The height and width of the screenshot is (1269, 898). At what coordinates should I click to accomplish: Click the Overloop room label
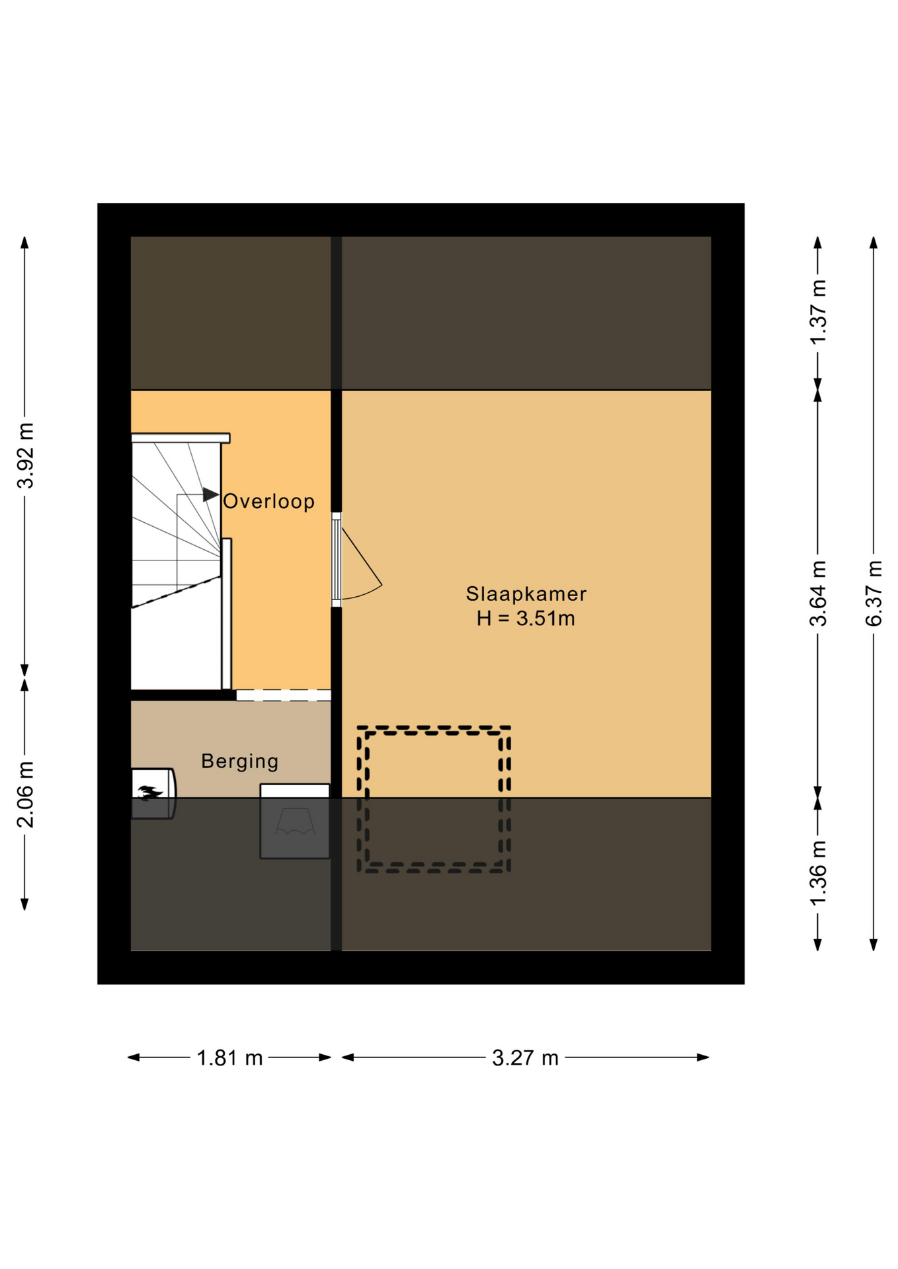[x=268, y=502]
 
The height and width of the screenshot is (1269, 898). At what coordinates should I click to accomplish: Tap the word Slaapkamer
[x=526, y=594]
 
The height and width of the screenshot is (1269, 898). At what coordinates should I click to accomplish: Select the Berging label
[x=239, y=761]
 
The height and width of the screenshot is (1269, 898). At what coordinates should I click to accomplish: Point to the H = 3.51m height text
[x=526, y=619]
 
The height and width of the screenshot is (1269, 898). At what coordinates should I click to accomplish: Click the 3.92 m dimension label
[x=25, y=455]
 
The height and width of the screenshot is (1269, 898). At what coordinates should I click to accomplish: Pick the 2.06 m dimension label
[x=25, y=794]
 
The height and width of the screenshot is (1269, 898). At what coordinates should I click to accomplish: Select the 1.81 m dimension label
[x=229, y=1058]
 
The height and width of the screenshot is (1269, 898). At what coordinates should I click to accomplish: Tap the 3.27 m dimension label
[x=525, y=1058]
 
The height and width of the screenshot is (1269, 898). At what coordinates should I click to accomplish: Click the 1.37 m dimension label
[x=818, y=312]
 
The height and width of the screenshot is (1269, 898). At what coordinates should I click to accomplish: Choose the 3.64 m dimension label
[x=818, y=593]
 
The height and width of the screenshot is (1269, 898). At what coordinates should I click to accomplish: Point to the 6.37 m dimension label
[x=874, y=593]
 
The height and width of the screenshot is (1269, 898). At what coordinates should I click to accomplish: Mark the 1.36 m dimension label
[x=818, y=874]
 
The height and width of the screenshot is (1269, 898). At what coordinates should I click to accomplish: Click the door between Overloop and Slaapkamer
[x=337, y=559]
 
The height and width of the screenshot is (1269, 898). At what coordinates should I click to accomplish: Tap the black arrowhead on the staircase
[x=211, y=494]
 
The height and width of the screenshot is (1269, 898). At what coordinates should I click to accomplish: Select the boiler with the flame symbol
[x=153, y=793]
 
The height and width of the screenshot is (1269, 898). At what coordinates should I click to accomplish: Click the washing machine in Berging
[x=295, y=822]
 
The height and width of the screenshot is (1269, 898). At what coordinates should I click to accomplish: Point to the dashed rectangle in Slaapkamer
[x=434, y=799]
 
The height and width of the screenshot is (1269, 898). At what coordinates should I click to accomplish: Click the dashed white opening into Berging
[x=284, y=695]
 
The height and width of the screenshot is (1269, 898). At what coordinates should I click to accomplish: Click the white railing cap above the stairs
[x=181, y=438]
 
